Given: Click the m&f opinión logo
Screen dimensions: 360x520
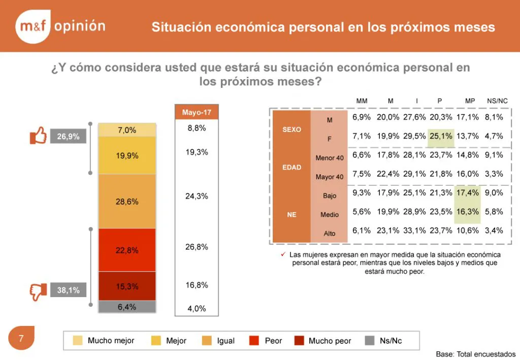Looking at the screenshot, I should click(59, 26).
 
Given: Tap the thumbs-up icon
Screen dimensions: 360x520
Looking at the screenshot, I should click(38, 136).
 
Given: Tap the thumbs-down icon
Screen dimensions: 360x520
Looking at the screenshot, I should click(38, 291).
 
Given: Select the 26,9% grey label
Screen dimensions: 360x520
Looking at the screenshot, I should click(68, 137).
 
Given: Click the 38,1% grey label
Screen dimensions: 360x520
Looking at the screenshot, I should click(68, 290).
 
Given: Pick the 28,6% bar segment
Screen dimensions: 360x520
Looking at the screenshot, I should click(127, 202).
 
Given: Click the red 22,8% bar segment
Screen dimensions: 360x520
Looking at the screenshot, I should click(127, 250).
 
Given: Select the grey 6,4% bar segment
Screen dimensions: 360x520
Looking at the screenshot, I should click(127, 307).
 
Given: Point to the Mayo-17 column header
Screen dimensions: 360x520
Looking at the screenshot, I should click(197, 112).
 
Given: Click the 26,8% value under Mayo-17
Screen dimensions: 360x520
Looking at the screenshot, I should click(197, 247).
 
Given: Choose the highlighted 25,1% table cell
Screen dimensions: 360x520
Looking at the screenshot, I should click(440, 136).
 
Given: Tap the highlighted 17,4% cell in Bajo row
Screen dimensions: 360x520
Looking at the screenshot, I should click(467, 192).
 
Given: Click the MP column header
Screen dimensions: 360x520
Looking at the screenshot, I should click(470, 101).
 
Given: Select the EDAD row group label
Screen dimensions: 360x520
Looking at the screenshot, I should click(291, 167).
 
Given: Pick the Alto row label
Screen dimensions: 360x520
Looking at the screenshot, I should click(329, 233).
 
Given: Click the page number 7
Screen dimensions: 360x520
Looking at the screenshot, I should click(21, 338).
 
